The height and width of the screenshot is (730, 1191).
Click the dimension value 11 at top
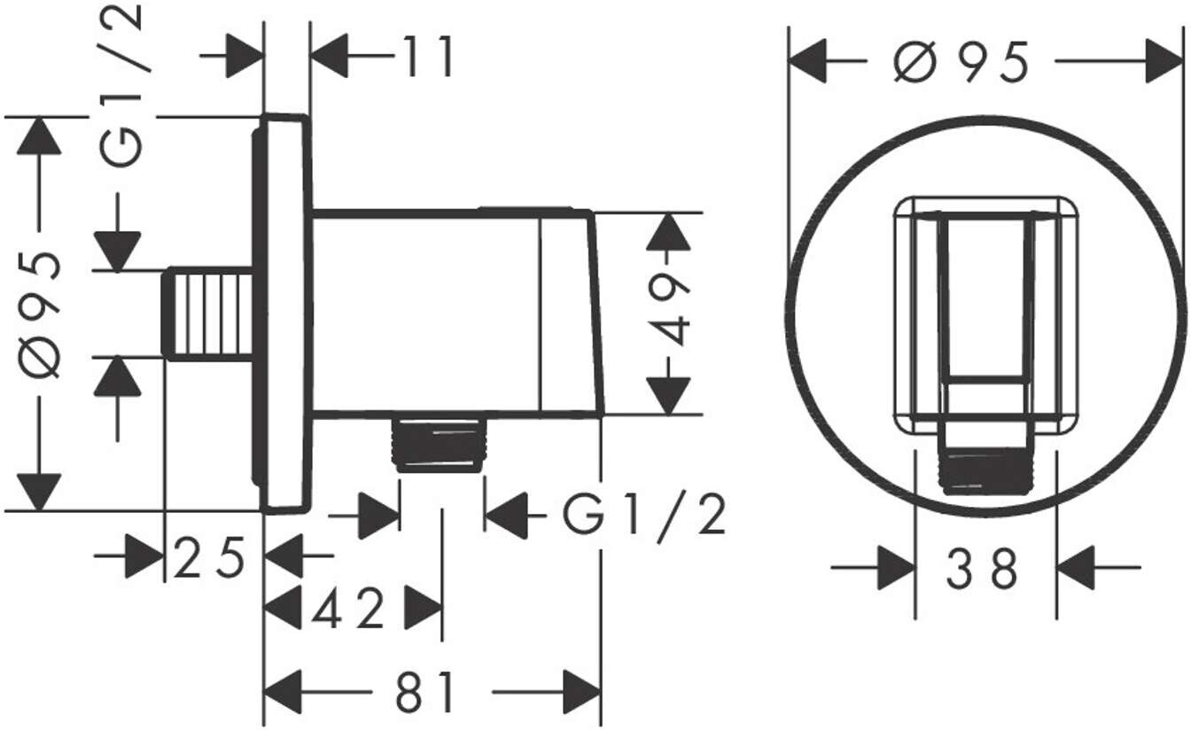[x=426, y=58]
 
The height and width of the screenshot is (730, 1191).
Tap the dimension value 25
[x=209, y=558]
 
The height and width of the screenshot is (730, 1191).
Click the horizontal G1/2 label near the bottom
[x=645, y=516]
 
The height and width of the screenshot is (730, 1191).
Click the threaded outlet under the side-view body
[x=439, y=443]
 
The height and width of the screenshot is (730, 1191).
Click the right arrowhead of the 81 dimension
[x=581, y=692]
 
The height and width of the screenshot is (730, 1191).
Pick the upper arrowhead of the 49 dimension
[x=670, y=232]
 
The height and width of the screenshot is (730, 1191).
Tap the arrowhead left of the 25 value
[x=144, y=555]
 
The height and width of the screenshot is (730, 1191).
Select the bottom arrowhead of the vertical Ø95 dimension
[x=38, y=492]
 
